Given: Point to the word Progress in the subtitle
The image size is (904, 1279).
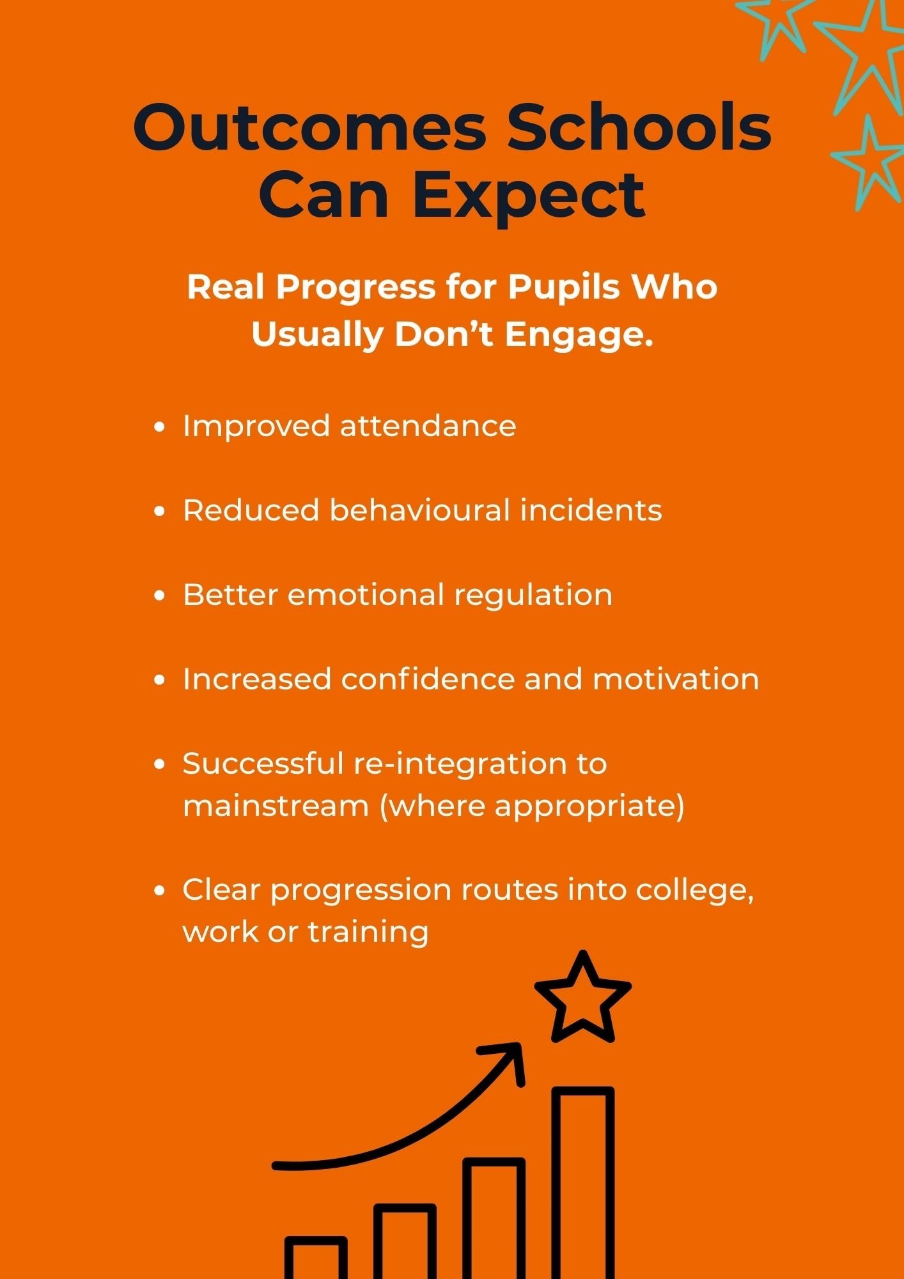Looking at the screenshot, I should [355, 287].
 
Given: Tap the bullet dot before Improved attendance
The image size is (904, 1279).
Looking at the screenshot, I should [160, 427].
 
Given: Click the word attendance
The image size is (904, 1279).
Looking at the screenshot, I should [428, 427].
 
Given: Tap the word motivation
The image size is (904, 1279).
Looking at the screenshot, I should [676, 679].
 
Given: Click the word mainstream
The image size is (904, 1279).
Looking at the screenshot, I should [276, 806].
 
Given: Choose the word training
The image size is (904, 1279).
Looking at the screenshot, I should [368, 932].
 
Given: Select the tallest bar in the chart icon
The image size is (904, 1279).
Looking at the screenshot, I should [582, 1183].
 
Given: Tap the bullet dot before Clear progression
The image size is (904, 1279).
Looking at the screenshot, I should [160, 891].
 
